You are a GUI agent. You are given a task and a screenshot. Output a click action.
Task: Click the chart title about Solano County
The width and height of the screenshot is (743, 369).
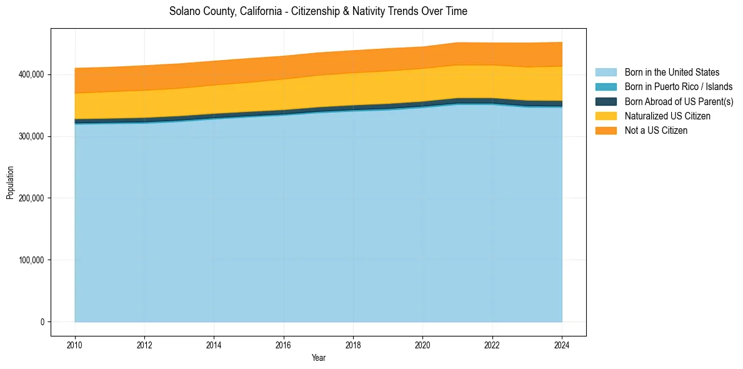click(x=318, y=11)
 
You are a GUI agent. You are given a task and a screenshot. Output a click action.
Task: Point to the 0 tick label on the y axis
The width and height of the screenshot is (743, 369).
click(x=42, y=322)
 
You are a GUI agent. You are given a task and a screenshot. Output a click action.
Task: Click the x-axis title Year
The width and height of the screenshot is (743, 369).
click(x=318, y=358)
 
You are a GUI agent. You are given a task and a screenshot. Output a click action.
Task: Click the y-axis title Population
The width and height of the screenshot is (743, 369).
click(x=10, y=183)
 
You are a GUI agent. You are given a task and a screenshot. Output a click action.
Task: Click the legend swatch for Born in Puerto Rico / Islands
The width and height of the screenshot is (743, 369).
click(x=606, y=87)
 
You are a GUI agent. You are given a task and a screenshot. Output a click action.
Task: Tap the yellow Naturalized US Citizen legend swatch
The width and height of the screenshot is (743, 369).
click(x=606, y=116)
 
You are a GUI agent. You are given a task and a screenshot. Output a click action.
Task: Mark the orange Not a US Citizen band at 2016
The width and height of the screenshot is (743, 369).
click(x=284, y=68)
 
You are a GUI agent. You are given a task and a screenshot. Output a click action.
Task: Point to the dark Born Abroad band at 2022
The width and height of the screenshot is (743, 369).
click(x=492, y=101)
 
